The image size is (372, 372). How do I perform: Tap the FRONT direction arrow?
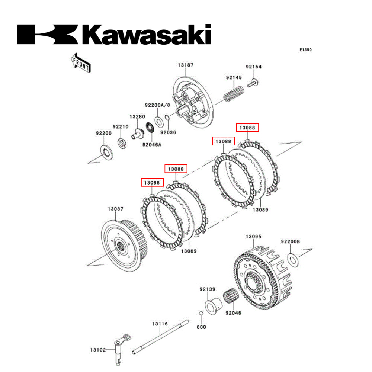click(x=80, y=62)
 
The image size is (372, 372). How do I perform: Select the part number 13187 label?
click(x=185, y=65)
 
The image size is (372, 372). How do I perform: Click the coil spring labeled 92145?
click(x=234, y=94)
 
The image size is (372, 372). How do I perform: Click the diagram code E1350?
click(x=306, y=49)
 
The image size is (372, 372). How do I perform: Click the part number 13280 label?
click(x=137, y=116)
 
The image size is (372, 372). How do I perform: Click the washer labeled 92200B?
click(x=293, y=258)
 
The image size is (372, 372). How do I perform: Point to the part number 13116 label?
click(x=160, y=324)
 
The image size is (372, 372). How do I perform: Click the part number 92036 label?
click(x=168, y=132)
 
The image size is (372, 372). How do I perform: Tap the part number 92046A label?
click(x=151, y=145)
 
